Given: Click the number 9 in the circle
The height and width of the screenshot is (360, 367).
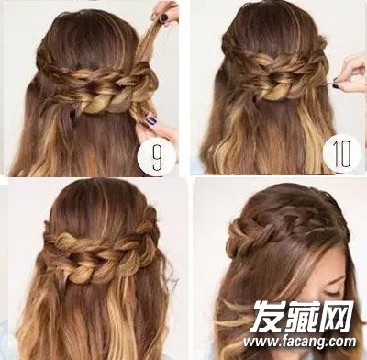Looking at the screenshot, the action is tap(157, 158).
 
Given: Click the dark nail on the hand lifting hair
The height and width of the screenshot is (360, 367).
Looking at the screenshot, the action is tap(164, 17).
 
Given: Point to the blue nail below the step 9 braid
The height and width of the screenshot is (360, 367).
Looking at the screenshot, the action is tap(151, 119).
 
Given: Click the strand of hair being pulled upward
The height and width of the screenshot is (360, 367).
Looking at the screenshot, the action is tap(149, 41).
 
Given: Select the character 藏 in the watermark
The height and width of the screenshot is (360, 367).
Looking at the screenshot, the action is tap(302, 316).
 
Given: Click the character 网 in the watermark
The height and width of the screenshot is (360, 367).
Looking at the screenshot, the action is tap(336, 316).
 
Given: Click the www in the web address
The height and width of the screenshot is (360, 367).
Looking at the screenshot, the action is tap(259, 343).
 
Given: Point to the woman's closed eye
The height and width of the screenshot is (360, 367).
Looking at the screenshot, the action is tap(333, 292).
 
